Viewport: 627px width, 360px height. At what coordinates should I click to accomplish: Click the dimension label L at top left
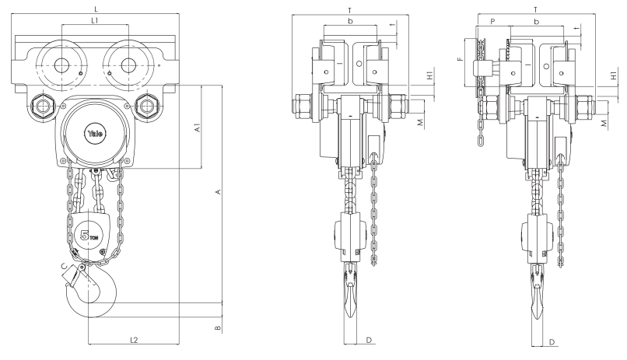pyautogui.click(x=96, y=6)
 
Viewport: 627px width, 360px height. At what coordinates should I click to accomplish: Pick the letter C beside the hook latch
pyautogui.click(x=63, y=267)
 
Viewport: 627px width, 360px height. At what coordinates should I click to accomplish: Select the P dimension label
pyautogui.click(x=492, y=22)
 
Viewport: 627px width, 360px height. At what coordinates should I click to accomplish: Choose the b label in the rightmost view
pyautogui.click(x=536, y=23)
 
